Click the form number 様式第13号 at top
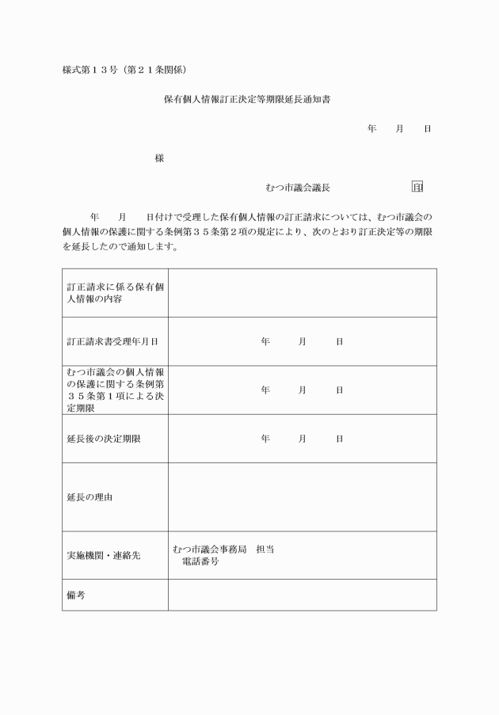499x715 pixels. tap(124, 70)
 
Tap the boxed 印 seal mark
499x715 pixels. tap(417, 188)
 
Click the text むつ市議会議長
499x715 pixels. tap(298, 188)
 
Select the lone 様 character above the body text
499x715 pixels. tap(159, 158)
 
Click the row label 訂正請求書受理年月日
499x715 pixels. tap(112, 341)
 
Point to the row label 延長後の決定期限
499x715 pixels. tap(104, 438)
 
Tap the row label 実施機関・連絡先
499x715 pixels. tap(103, 555)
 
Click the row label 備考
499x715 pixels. tap(76, 595)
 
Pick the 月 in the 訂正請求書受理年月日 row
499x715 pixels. tap(302, 341)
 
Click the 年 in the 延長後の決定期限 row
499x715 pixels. tap(265, 438)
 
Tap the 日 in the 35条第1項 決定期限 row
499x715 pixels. tap(339, 390)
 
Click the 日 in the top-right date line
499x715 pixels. tap(428, 128)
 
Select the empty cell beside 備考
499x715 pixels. tap(302, 595)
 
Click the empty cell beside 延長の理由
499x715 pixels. tap(302, 497)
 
